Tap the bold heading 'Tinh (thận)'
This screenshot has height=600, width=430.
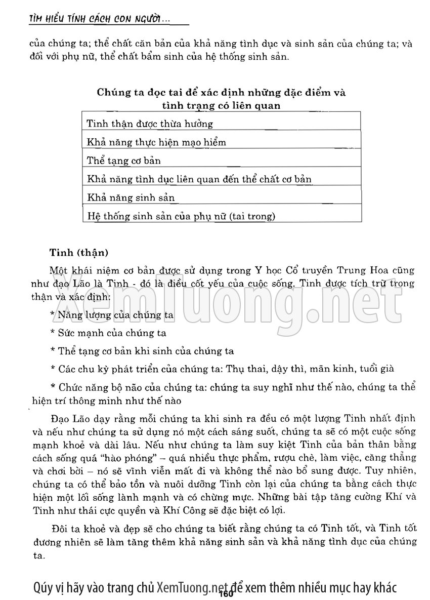pyautogui.click(x=78, y=251)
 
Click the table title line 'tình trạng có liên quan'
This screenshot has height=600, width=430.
pyautogui.click(x=221, y=105)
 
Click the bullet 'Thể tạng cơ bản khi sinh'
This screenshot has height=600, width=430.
pyautogui.click(x=145, y=351)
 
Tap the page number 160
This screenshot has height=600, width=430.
pyautogui.click(x=226, y=594)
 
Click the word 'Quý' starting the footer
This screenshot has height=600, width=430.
pyautogui.click(x=41, y=587)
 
